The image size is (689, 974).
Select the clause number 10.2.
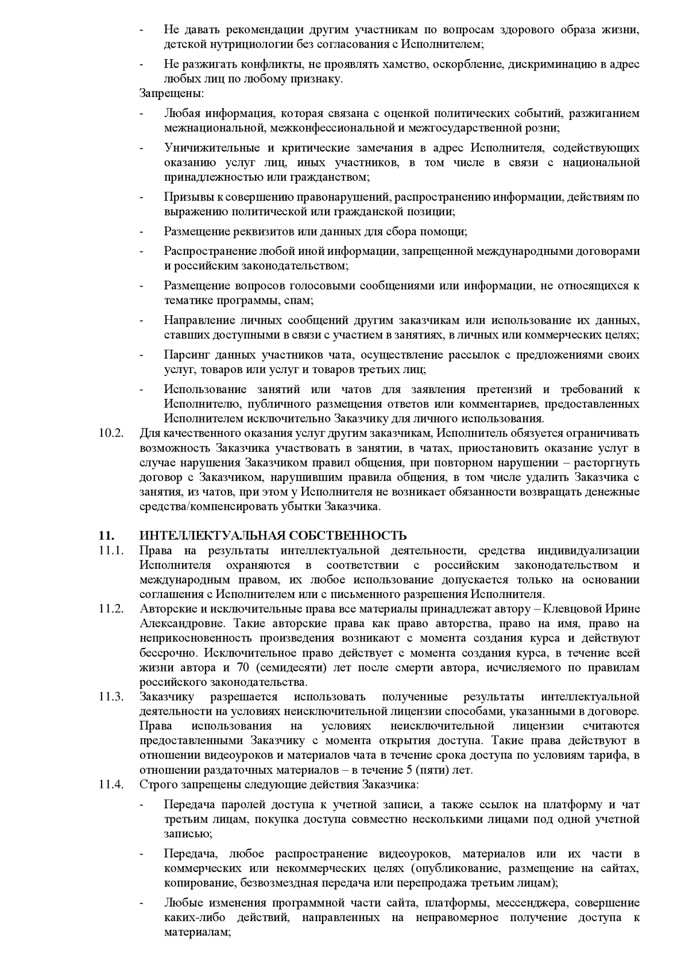[111, 432]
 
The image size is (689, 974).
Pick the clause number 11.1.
[111, 550]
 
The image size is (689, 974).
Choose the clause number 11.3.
[111, 697]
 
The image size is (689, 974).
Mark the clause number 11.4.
[111, 784]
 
